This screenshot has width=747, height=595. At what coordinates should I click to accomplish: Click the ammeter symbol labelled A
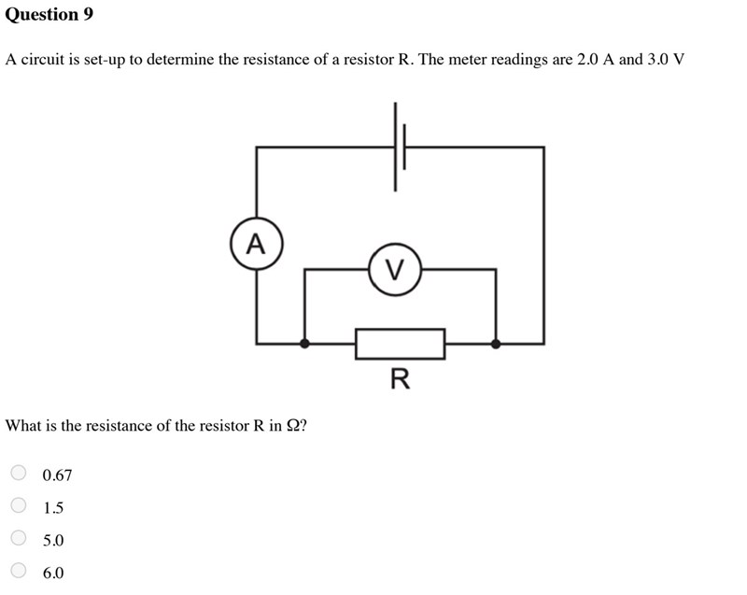tap(257, 244)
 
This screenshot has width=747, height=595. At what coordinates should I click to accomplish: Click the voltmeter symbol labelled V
tap(395, 269)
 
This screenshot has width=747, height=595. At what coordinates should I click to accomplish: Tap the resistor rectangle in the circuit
tap(401, 344)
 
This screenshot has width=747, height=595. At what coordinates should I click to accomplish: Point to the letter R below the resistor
tap(401, 379)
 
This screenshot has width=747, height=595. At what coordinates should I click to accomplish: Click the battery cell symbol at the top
tap(400, 147)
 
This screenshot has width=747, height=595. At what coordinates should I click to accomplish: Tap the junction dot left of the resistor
tap(304, 343)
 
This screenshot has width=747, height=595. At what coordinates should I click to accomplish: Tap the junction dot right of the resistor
tap(496, 344)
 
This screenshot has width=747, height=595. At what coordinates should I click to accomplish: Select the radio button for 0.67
tap(19, 473)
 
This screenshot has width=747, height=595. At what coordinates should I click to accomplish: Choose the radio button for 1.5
tap(19, 505)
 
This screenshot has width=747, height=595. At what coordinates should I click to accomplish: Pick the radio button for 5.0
tap(19, 537)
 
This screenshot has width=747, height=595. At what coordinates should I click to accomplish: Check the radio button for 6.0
tap(19, 570)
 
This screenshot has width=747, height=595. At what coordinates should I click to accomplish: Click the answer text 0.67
tap(57, 475)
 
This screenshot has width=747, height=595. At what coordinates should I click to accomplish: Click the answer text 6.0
tap(53, 573)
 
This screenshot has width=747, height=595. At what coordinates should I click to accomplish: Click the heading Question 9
tap(49, 14)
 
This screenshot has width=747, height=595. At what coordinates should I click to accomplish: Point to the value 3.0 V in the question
tap(666, 59)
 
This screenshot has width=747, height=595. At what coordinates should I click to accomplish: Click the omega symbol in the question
tap(292, 425)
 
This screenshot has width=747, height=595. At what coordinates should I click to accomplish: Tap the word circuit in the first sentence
tap(42, 60)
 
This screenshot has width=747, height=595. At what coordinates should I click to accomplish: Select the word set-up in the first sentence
tap(105, 61)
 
